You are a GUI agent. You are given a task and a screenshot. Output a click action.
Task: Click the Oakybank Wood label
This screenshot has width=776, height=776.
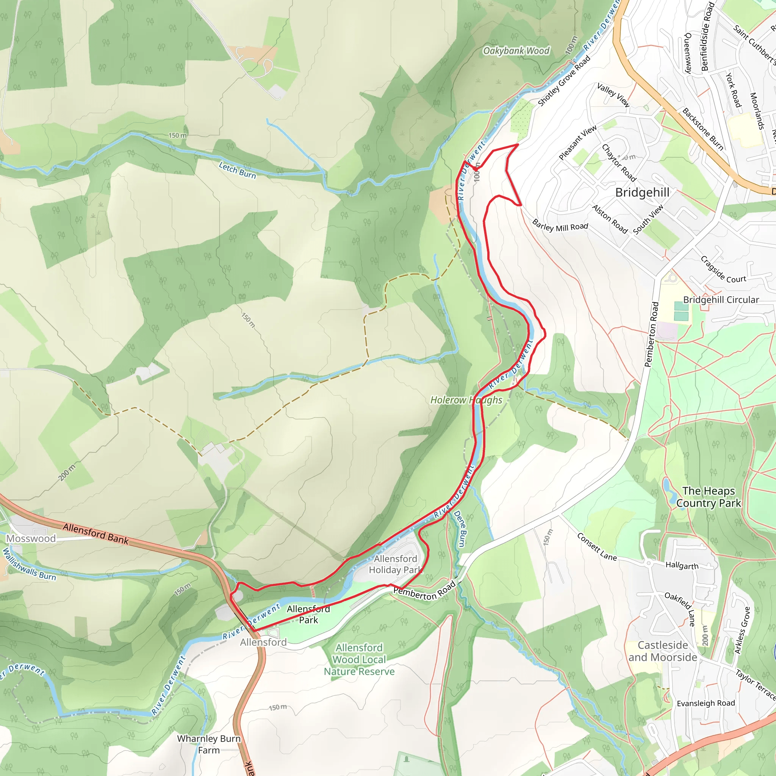click(x=516, y=51)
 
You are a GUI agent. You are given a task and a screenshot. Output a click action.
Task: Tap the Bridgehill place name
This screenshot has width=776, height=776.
click(x=642, y=192)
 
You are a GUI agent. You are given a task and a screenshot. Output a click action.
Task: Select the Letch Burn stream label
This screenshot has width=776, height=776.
click(x=237, y=170)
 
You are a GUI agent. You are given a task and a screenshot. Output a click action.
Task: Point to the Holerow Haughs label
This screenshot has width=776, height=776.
click(x=466, y=400)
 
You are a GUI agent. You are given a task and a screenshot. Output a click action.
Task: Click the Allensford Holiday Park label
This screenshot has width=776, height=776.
click(x=395, y=564)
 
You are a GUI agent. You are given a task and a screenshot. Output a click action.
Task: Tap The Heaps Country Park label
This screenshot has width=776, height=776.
click(x=709, y=497)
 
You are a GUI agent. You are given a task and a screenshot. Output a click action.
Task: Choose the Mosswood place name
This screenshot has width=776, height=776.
click(x=31, y=539)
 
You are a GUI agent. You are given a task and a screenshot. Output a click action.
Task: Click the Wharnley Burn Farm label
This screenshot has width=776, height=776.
click(x=209, y=744)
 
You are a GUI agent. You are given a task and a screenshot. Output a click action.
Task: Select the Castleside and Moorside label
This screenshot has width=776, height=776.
click(x=663, y=651)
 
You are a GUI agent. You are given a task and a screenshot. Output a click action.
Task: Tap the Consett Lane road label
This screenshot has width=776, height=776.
click(x=597, y=547)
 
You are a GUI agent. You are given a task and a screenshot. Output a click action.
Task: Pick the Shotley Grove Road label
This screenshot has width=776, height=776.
click(x=564, y=81)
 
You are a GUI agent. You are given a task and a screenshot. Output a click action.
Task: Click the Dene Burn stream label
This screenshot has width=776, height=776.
click(x=460, y=529)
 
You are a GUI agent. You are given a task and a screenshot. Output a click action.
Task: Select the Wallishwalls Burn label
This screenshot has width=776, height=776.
click(x=29, y=564)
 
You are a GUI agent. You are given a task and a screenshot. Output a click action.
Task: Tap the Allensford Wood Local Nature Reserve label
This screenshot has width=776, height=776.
click(x=359, y=660)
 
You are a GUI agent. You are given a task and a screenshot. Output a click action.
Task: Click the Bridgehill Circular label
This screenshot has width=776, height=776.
click(x=721, y=300)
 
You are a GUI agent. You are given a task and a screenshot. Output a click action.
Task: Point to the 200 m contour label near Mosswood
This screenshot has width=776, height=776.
click(x=67, y=472)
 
